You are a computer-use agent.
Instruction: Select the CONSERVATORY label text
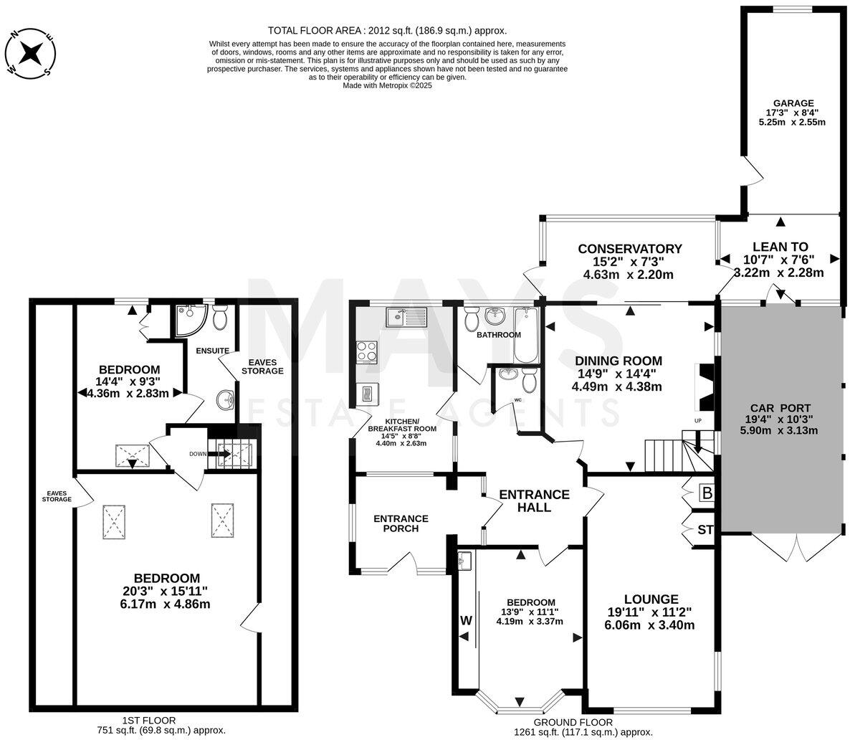(x=630, y=249)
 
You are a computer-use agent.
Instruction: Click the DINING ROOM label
(x=616, y=361)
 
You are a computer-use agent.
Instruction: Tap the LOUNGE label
(x=651, y=599)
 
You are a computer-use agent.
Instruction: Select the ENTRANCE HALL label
(x=534, y=501)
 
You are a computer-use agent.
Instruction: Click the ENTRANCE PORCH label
(x=401, y=523)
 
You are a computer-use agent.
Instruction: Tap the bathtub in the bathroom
(x=526, y=335)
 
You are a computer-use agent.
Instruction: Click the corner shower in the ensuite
(x=189, y=320)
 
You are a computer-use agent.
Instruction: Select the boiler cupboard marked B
(x=707, y=493)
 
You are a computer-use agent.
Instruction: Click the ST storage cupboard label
(x=705, y=531)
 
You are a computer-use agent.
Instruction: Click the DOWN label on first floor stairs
(x=198, y=454)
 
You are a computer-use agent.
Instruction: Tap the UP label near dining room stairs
(x=697, y=419)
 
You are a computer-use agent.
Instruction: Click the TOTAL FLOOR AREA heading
(x=387, y=30)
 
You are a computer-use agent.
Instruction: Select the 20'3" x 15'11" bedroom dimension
(x=166, y=591)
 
